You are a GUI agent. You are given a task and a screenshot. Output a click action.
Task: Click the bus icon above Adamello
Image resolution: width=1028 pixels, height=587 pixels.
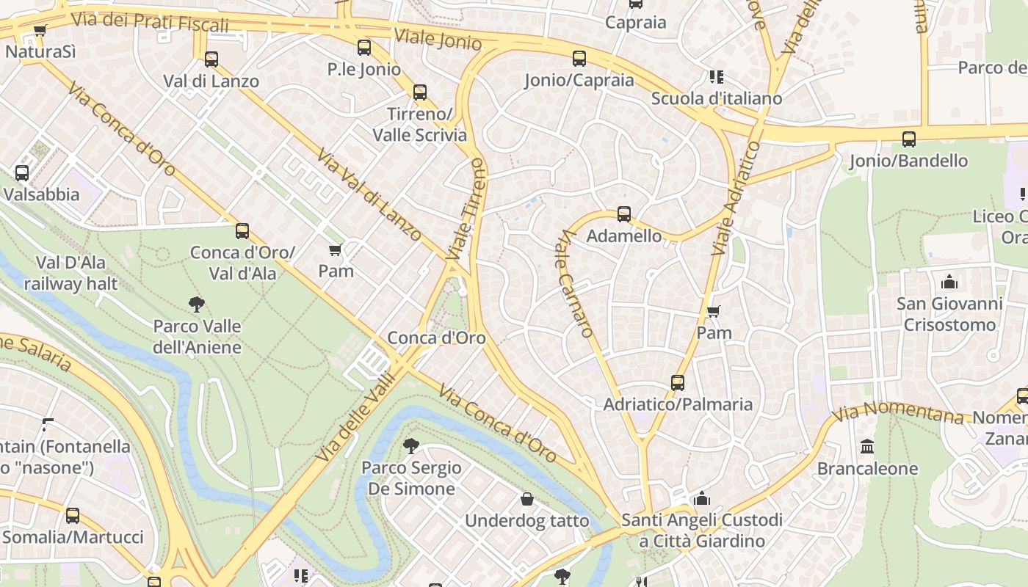[624, 214]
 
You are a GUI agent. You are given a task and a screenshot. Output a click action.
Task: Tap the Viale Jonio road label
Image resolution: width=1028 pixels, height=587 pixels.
[438, 39]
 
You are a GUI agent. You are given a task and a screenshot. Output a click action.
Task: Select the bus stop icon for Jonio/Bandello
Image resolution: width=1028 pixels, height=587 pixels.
[908, 139]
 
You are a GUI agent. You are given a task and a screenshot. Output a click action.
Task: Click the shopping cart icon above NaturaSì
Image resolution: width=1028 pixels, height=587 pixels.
[40, 31]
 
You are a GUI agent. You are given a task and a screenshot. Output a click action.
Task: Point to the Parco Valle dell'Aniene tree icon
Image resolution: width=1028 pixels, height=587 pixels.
[196, 304]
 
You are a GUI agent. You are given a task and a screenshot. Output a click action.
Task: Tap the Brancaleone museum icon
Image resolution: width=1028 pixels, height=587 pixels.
[867, 446]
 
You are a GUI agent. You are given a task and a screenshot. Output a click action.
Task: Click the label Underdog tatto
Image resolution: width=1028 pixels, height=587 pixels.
[526, 521]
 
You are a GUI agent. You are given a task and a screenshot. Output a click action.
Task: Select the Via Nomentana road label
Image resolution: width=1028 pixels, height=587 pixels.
[899, 412]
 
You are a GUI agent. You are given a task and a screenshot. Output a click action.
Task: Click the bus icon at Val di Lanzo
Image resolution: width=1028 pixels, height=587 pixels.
[211, 59]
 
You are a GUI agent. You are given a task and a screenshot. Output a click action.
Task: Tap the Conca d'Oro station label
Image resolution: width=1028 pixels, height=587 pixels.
[436, 338]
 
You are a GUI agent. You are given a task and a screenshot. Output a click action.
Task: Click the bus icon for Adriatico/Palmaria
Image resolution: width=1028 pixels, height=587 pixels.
[677, 382]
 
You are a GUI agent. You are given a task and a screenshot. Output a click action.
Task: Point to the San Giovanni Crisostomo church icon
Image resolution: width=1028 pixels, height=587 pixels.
[949, 282]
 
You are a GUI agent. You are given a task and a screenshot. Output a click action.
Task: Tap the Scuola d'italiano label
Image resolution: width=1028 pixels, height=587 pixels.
[716, 98]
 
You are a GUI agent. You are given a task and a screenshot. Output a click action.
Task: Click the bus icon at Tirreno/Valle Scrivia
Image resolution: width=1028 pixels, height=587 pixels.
[419, 92]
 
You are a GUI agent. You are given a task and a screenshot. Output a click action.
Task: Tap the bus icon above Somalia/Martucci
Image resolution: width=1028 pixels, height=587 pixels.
[72, 515]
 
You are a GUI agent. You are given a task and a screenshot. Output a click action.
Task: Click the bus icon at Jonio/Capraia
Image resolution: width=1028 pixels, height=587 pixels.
[579, 59]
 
